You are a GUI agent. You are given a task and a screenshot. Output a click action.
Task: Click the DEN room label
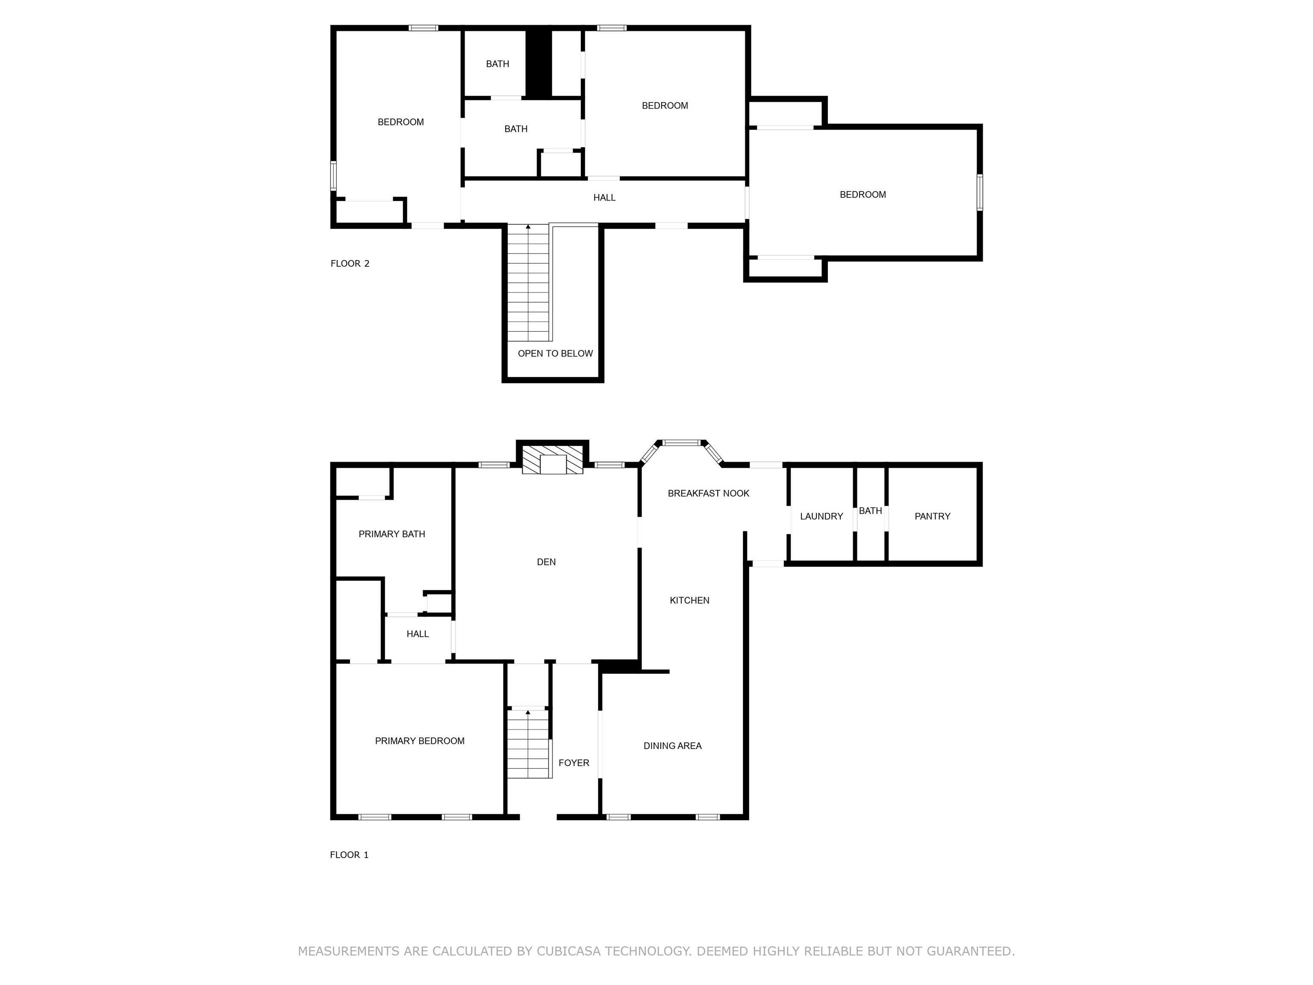coord(546,562)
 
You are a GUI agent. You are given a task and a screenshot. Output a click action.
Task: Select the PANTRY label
coord(932,516)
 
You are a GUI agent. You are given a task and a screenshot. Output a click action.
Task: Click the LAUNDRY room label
coord(821,516)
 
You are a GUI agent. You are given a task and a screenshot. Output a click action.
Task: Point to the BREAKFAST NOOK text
coord(708,493)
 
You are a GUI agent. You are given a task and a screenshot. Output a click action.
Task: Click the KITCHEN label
coord(689,600)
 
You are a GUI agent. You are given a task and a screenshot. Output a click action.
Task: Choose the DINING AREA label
coord(672,746)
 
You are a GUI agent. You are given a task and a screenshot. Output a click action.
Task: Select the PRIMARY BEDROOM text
coord(419,740)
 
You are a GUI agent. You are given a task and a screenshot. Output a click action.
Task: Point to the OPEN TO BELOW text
coord(555,353)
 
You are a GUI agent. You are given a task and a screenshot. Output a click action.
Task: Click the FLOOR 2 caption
coord(350,264)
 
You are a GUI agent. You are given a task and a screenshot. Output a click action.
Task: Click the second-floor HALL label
coord(604,198)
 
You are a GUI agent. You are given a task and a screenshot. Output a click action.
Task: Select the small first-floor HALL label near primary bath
coord(417,634)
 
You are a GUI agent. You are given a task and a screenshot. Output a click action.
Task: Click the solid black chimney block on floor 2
coord(539,64)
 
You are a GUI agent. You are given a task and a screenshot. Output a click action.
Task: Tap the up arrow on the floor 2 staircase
coord(528,227)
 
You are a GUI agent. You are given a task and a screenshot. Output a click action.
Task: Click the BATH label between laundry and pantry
coord(870,510)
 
